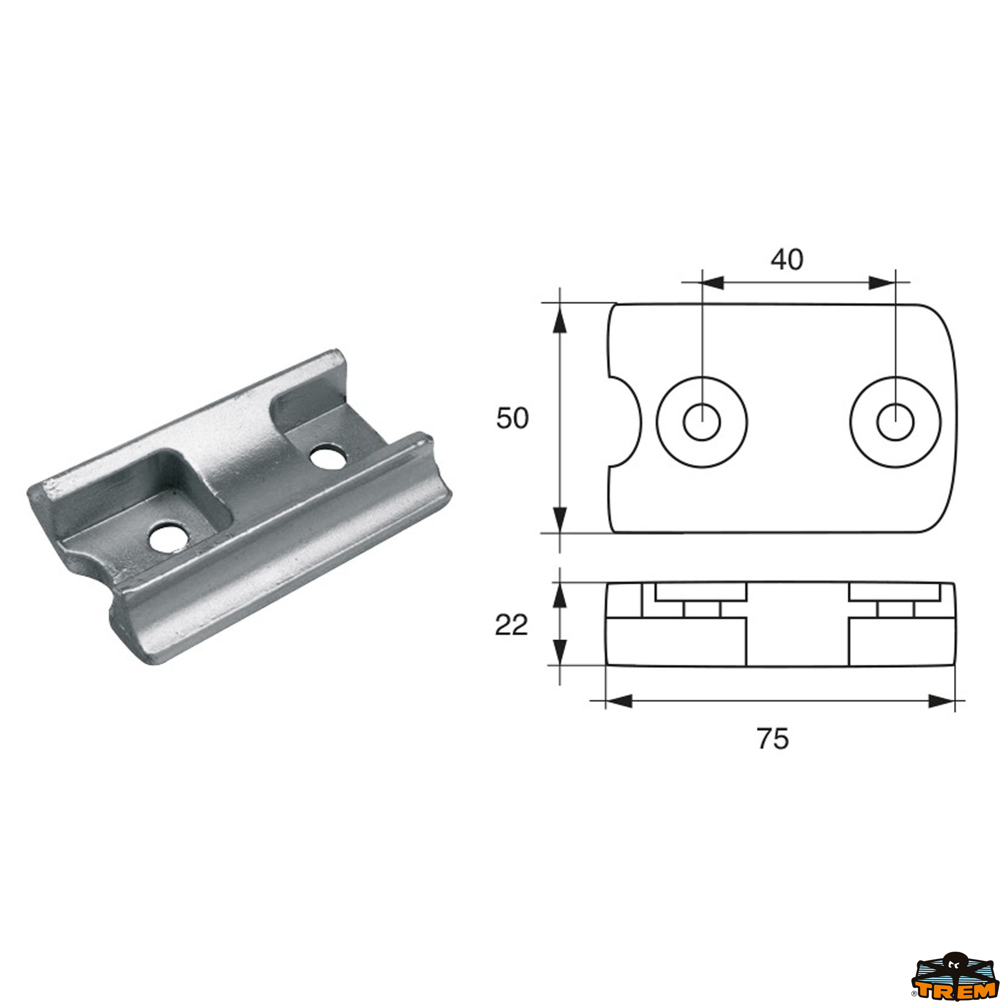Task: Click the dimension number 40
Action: pos(786,259)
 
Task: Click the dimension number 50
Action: pos(512,418)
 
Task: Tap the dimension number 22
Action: pos(511,625)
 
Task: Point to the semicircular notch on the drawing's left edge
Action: pos(626,421)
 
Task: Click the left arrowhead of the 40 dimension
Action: pos(712,283)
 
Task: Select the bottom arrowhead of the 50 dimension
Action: pos(559,519)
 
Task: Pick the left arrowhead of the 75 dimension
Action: pos(618,701)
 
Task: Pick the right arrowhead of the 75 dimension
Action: pos(942,701)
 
